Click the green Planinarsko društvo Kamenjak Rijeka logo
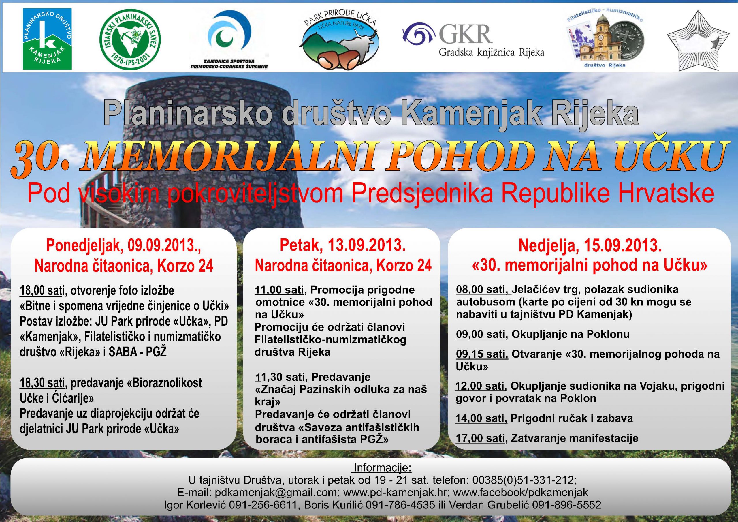pyautogui.click(x=47, y=39)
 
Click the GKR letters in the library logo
pyautogui.click(x=466, y=34)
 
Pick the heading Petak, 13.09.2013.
pyautogui.click(x=343, y=246)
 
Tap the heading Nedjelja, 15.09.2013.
pyautogui.click(x=590, y=246)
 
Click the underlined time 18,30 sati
pyautogui.click(x=42, y=383)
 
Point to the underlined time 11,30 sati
pyautogui.click(x=281, y=377)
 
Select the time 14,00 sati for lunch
pyautogui.click(x=481, y=418)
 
